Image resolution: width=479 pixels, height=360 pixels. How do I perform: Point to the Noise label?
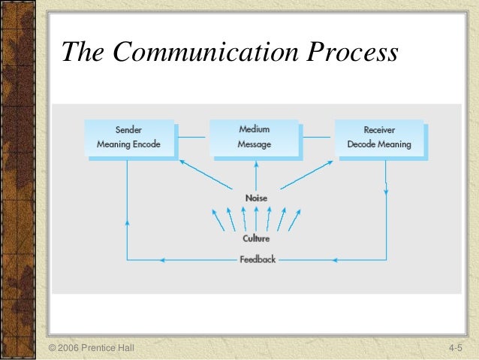pyautogui.click(x=256, y=198)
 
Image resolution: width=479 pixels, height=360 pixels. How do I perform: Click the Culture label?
pyautogui.click(x=256, y=238)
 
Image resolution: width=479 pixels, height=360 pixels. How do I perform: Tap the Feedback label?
pyautogui.click(x=258, y=259)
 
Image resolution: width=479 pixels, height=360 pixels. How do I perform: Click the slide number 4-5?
pyautogui.click(x=456, y=349)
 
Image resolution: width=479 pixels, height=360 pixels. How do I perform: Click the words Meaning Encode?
pyautogui.click(x=128, y=144)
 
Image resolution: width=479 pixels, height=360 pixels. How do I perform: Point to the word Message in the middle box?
pyautogui.click(x=255, y=144)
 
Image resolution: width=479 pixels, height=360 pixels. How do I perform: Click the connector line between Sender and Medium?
pyautogui.click(x=193, y=137)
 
